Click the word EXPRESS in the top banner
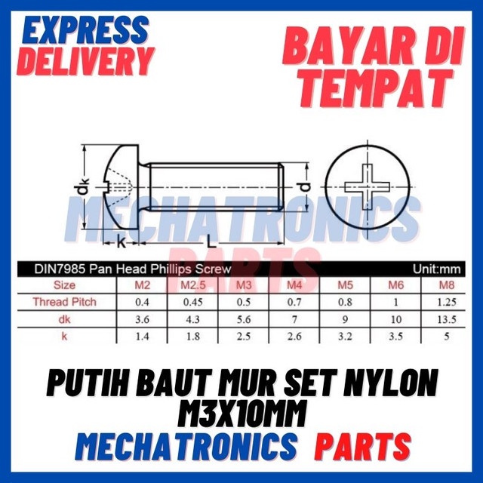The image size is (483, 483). click(84, 31)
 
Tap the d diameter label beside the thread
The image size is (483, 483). click(304, 186)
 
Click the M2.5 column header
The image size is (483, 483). click(194, 286)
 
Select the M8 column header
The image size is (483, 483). click(448, 286)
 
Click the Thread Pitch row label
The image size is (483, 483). click(64, 302)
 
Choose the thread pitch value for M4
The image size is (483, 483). click(295, 302)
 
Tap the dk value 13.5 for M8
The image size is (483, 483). click(448, 318)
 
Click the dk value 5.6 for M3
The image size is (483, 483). click(243, 318)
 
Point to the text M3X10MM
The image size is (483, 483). click(241, 414)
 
